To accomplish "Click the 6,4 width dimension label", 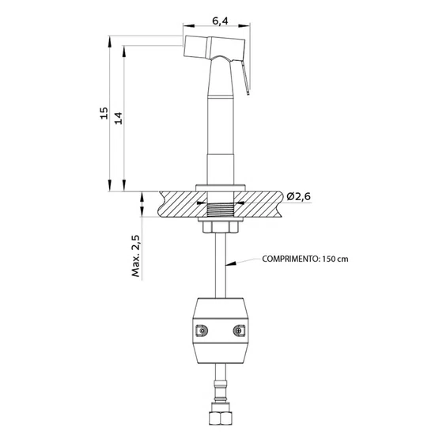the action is (220, 21).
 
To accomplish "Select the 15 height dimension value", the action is (104, 113).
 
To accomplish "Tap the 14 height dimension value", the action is (119, 118).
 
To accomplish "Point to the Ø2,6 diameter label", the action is (299, 196).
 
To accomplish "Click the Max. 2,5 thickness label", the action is (136, 256).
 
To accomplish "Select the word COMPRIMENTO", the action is (290, 259).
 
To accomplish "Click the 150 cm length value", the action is (335, 259).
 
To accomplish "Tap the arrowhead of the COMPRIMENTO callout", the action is (231, 263).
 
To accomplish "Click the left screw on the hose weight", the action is (202, 331).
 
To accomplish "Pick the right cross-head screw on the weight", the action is (239, 331).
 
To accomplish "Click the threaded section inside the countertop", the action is (221, 210).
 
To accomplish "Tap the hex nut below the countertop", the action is (221, 227).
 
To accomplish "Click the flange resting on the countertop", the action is (221, 188).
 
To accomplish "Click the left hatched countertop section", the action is (182, 204).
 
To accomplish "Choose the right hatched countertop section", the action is (258, 204).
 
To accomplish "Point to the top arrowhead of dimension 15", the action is (109, 41).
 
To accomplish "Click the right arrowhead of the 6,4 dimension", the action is (244, 26).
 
